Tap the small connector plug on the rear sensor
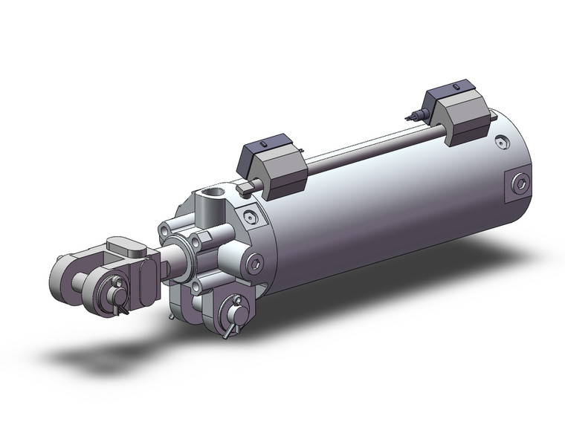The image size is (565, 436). tap(411, 115)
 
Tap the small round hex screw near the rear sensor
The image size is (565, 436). tap(505, 140)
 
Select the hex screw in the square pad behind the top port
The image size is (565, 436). tap(254, 216)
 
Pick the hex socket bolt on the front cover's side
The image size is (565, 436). tap(256, 264)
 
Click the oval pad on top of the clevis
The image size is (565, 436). tap(123, 247)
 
